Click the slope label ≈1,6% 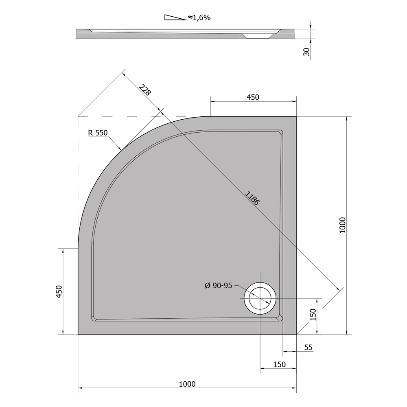[199, 18]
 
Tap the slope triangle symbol [175, 18]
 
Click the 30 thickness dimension [306, 52]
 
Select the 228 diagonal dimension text [144, 90]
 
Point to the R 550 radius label [98, 133]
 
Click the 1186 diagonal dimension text [252, 198]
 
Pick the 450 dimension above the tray [253, 97]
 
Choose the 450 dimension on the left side [59, 291]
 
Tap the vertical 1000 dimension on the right [343, 225]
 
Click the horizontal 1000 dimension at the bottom [187, 384]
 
